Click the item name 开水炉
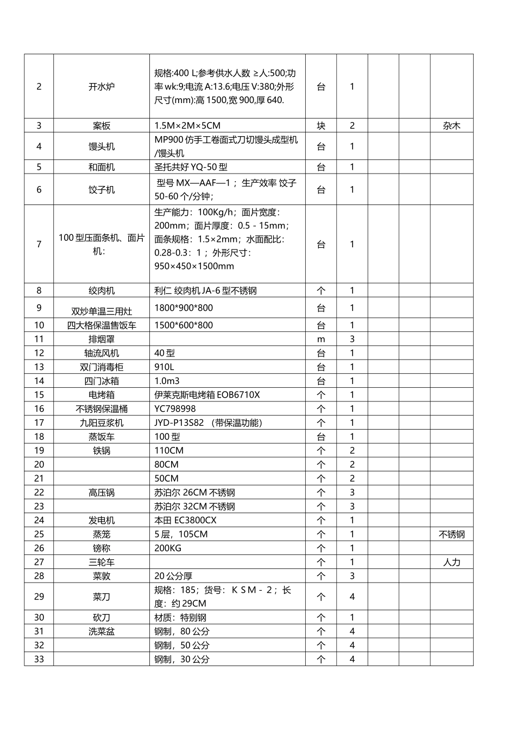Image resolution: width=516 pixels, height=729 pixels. coord(102,86)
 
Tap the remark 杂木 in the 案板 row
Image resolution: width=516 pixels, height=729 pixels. coord(451,126)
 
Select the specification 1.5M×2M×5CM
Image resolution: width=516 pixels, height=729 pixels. coord(187,126)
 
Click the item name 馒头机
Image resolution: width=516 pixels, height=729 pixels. coord(102,146)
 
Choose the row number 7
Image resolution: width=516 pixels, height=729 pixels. coord(39,244)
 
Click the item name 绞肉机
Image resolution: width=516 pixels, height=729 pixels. coord(102,291)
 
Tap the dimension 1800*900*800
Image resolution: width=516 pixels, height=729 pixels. coord(184,308)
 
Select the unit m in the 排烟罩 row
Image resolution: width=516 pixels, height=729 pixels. coord(321,340)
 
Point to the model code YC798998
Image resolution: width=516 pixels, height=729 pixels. coord(175,409)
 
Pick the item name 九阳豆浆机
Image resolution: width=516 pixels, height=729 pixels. coord(102,423)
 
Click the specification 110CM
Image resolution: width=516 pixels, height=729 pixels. coord(169,451)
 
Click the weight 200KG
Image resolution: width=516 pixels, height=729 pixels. coord(168,548)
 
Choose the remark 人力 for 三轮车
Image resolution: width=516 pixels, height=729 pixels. coord(451,562)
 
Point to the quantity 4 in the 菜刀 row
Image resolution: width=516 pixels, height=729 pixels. coord(352,597)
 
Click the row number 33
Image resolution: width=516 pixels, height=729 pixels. coord(39,660)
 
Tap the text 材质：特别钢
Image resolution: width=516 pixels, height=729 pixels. coord(180,618)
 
